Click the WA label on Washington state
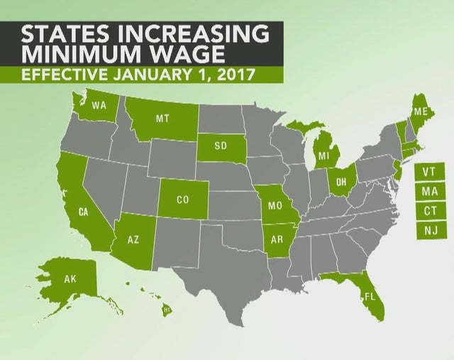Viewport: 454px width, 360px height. click(99, 106)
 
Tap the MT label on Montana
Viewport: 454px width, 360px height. click(162, 119)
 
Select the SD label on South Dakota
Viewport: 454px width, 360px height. click(220, 147)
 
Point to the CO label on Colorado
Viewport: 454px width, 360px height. click(183, 200)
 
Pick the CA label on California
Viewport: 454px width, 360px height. click(83, 212)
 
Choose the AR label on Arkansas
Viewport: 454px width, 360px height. click(277, 239)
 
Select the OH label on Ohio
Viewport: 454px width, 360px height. click(341, 182)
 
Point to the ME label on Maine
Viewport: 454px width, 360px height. click(421, 111)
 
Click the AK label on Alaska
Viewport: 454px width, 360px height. click(70, 279)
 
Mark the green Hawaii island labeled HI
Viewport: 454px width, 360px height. click(167, 310)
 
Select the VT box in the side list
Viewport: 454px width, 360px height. click(429, 172)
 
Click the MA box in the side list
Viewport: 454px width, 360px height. click(429, 192)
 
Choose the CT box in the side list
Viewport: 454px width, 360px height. click(429, 212)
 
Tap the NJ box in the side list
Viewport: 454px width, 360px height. click(429, 231)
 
